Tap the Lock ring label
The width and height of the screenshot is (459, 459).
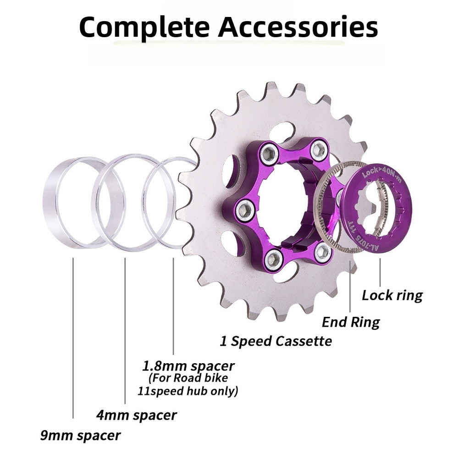(392, 295)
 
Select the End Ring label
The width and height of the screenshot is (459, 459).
(351, 322)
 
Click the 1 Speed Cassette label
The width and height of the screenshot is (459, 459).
(276, 341)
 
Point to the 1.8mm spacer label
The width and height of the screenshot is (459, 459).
(188, 366)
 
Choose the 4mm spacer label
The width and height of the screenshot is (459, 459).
(136, 415)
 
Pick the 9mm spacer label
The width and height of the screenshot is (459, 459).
(80, 435)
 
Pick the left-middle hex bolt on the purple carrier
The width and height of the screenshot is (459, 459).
(245, 210)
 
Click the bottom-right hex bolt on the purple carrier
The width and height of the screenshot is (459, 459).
(323, 253)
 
